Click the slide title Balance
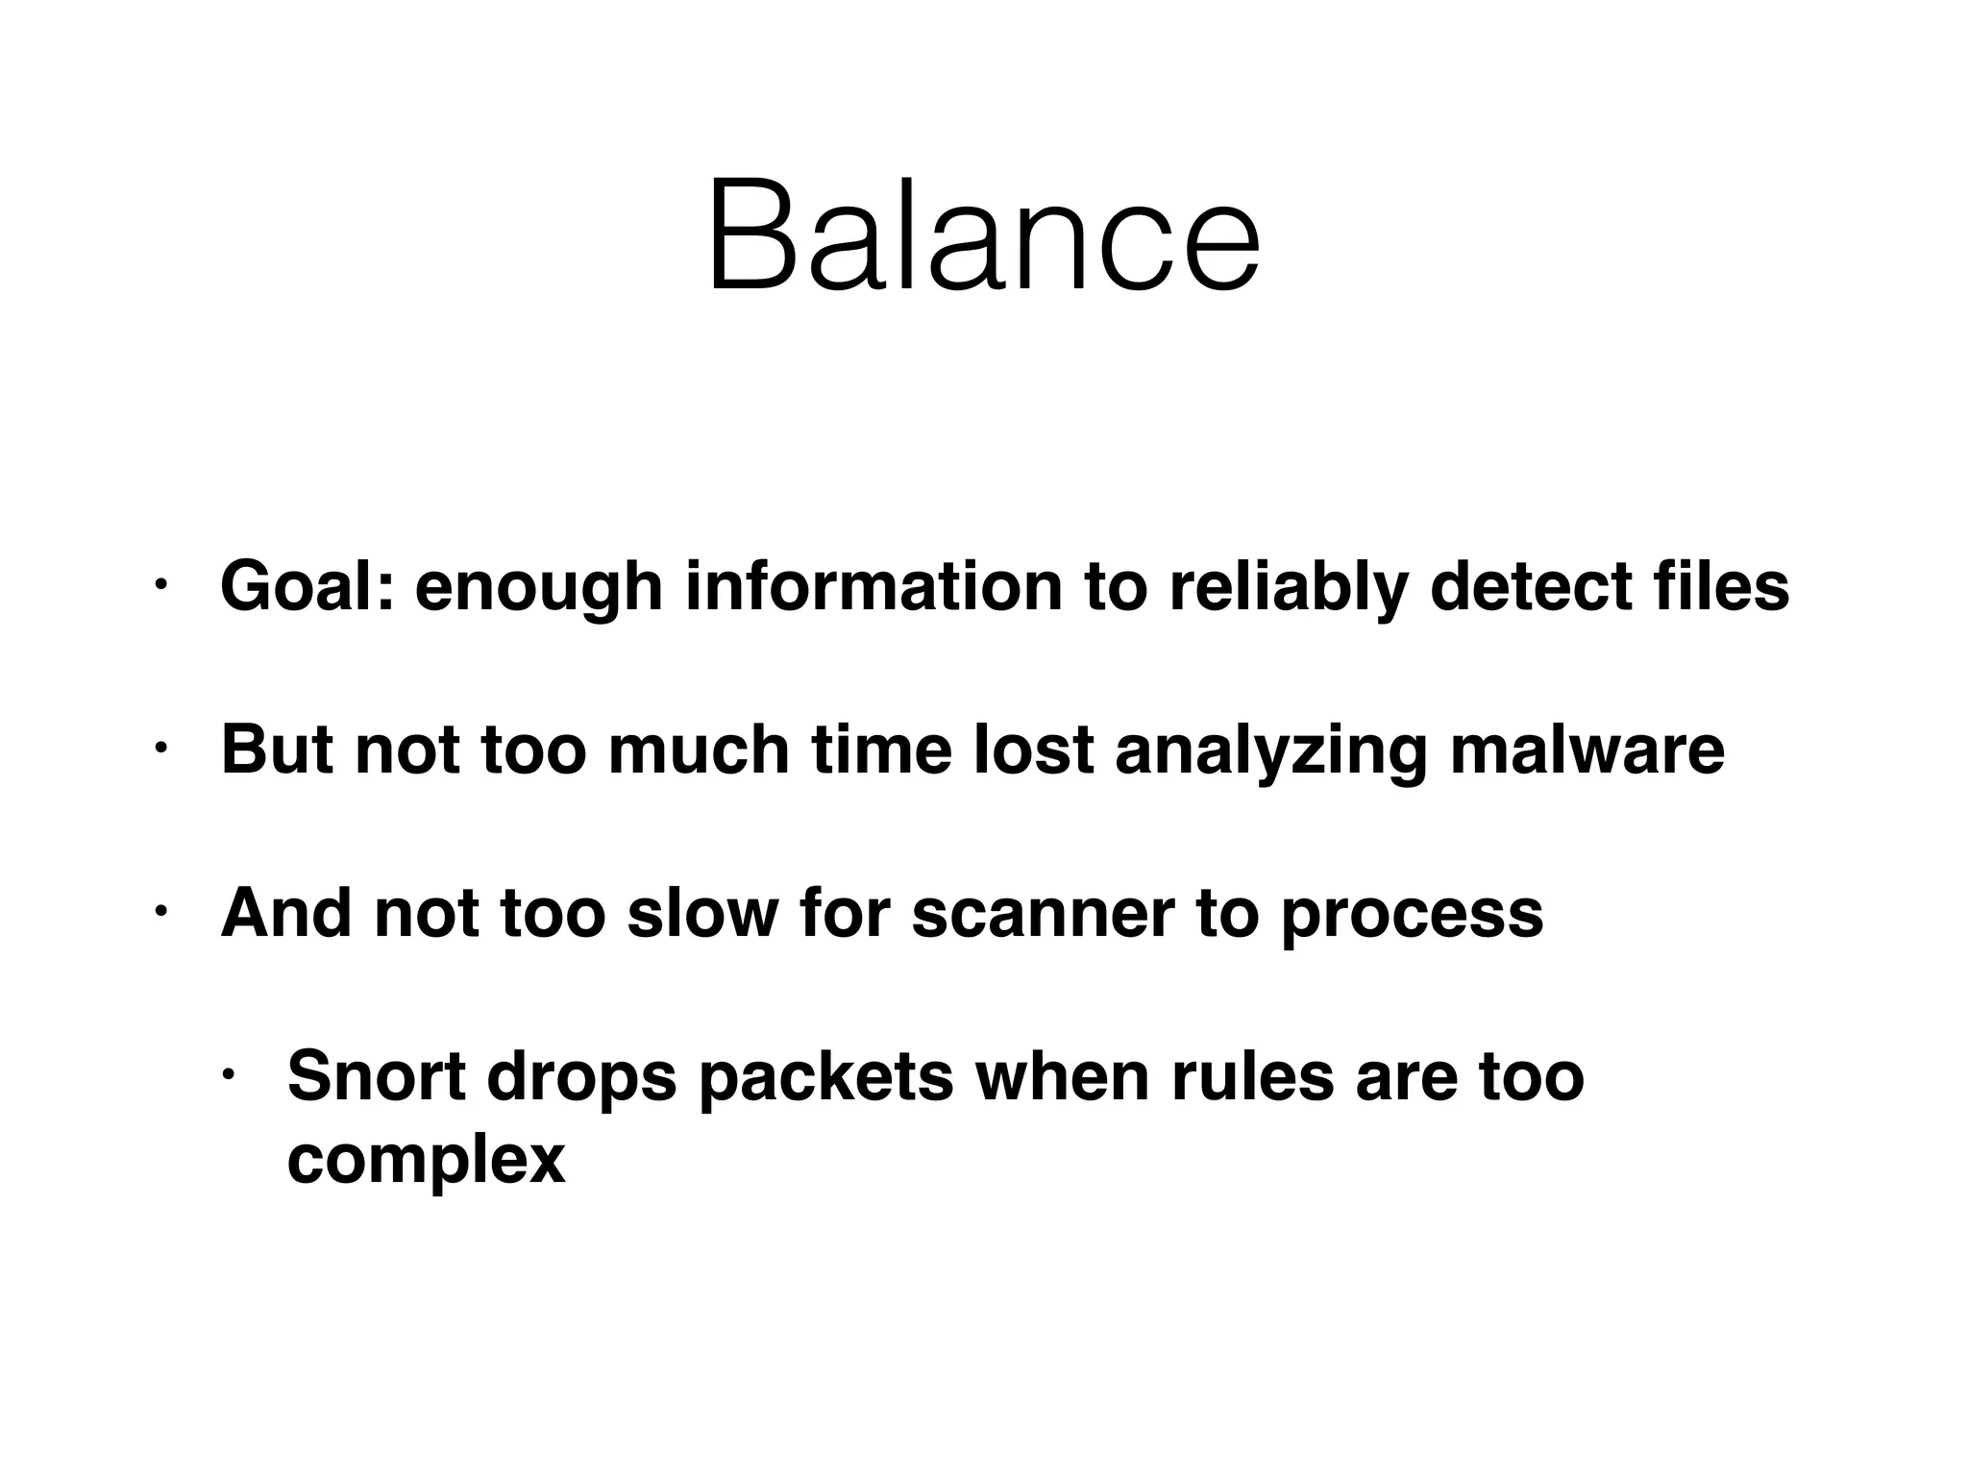pyautogui.click(x=983, y=235)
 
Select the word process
pyautogui.click(x=1412, y=915)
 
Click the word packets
pyautogui.click(x=825, y=1078)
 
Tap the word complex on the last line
pyautogui.click(x=426, y=1161)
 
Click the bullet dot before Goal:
pyautogui.click(x=160, y=583)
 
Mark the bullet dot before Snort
pyautogui.click(x=228, y=1073)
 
